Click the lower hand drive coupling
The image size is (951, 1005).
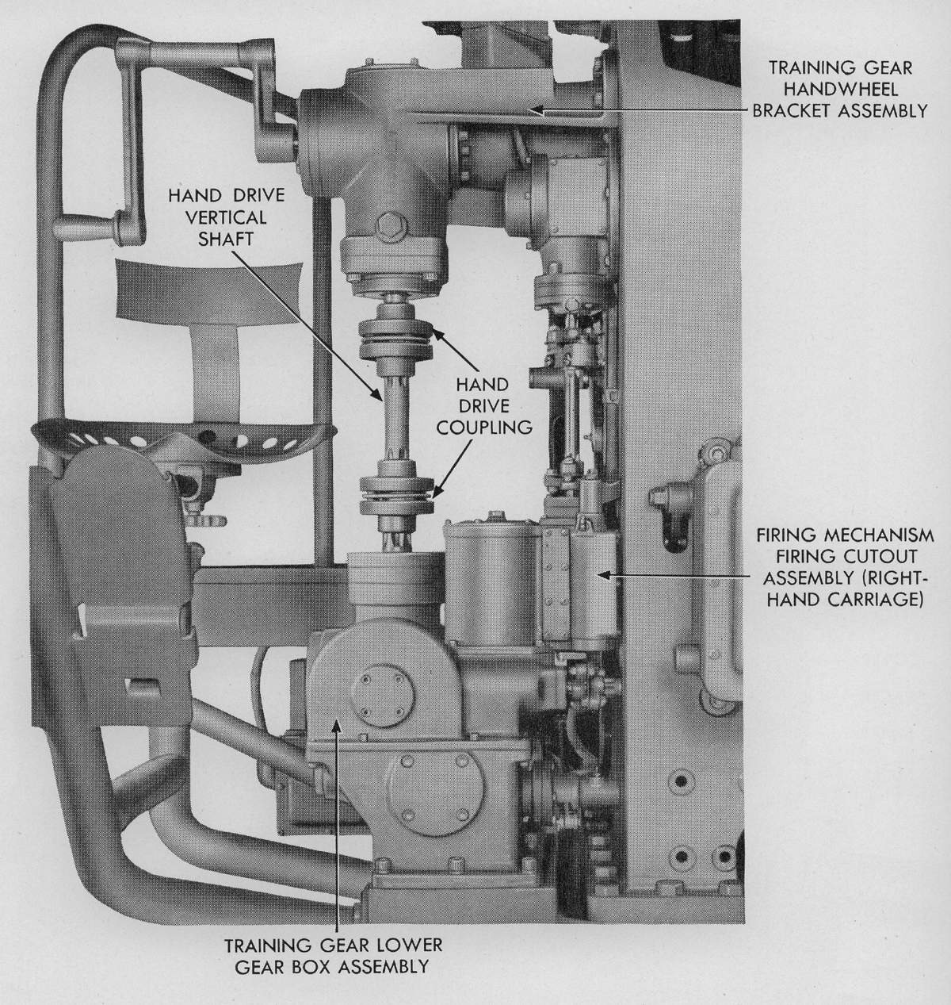(395, 496)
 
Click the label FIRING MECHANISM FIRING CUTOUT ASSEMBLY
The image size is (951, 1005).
(843, 568)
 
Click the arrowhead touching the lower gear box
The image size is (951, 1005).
(337, 723)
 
